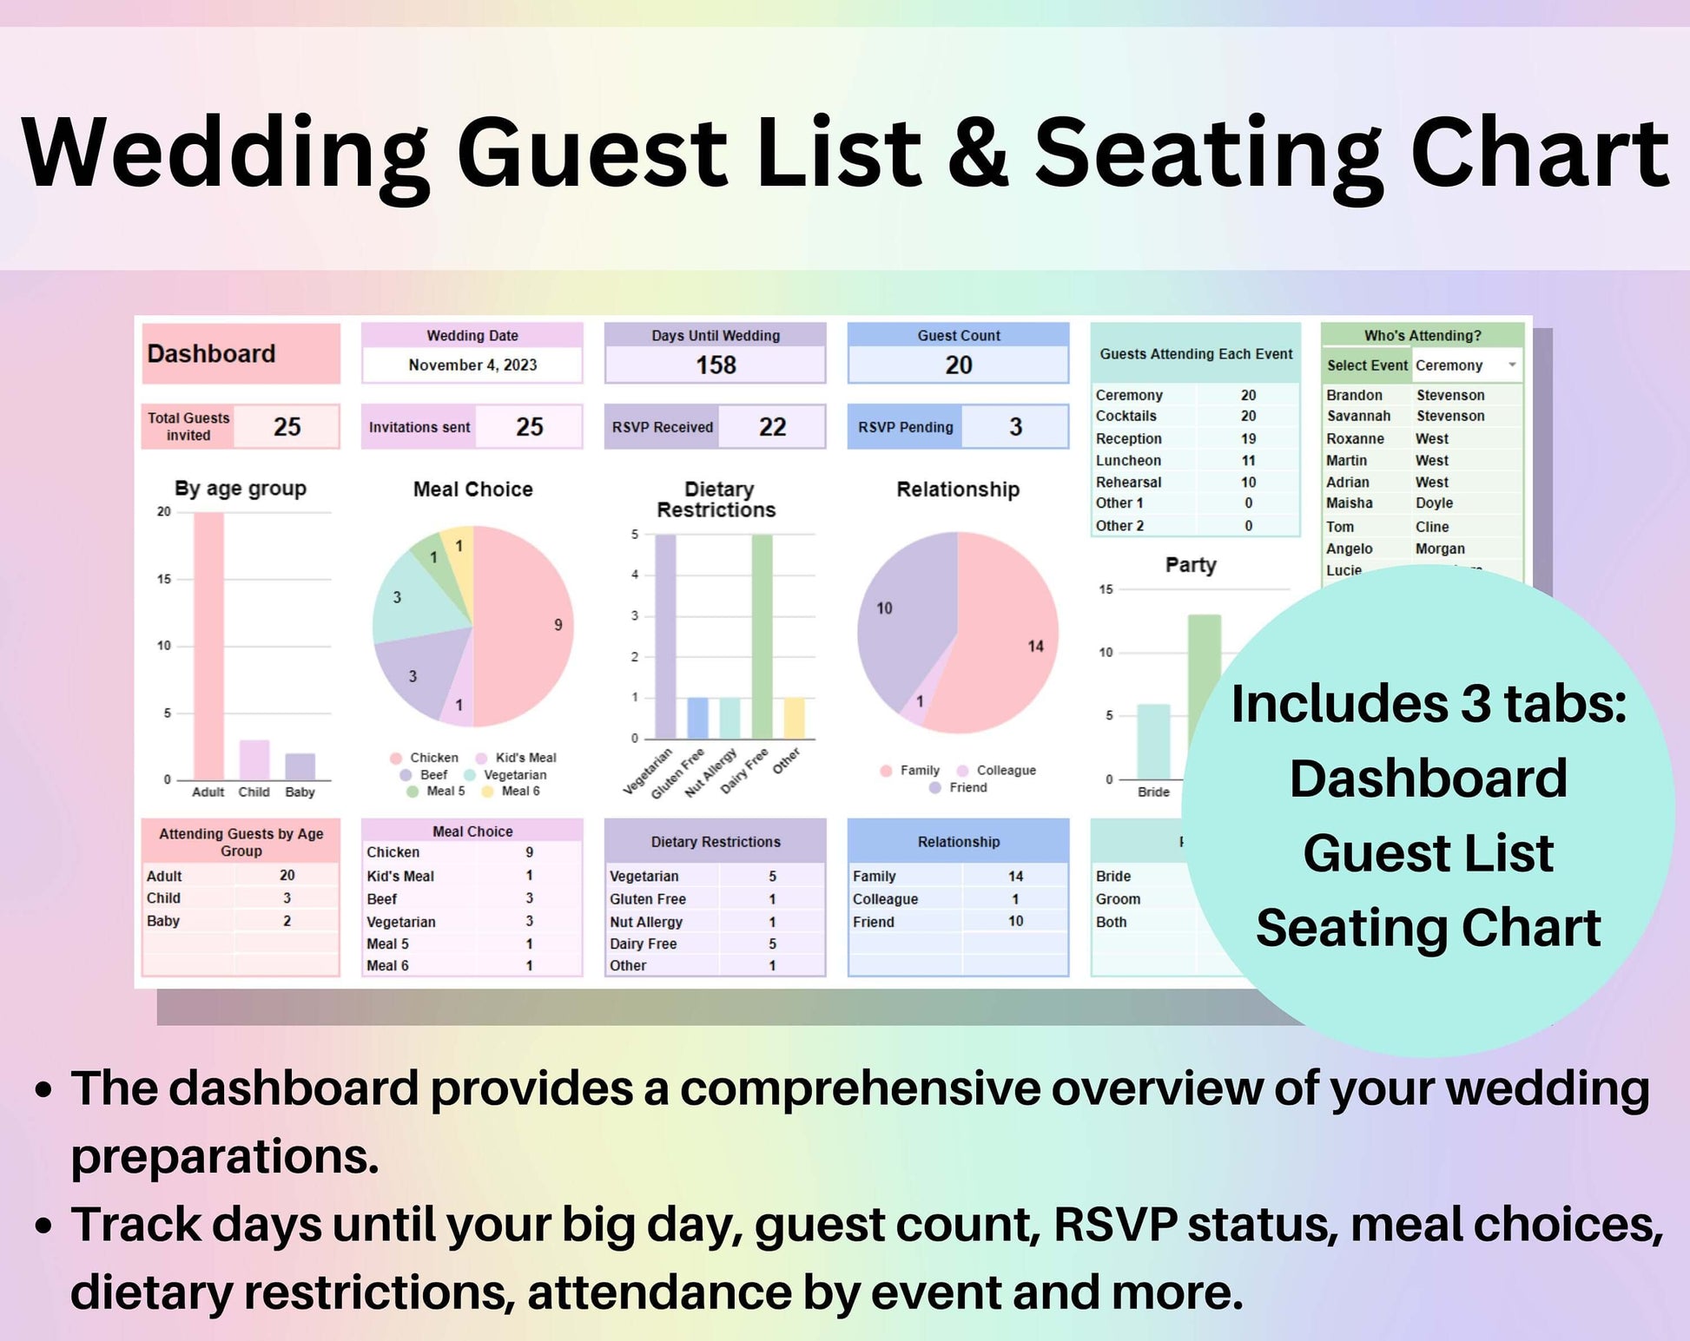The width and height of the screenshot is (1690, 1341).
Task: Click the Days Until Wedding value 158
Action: click(716, 365)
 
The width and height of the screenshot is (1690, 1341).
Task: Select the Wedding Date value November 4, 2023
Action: click(472, 365)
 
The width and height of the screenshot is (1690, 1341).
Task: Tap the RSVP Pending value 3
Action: click(1015, 427)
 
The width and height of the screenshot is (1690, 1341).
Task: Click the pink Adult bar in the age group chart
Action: click(208, 646)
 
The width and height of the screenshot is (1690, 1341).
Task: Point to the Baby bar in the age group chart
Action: click(300, 766)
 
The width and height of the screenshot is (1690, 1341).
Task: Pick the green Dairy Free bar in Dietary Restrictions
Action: click(762, 637)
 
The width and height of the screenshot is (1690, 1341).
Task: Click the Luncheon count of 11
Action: click(1248, 461)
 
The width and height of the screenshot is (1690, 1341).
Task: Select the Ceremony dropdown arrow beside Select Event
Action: click(1512, 365)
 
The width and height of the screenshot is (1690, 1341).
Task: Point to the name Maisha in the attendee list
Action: click(1349, 503)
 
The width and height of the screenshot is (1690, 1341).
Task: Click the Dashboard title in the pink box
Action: click(211, 354)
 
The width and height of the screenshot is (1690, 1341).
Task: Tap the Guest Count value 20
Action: click(959, 365)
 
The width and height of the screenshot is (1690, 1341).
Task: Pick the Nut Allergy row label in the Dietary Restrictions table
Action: click(646, 923)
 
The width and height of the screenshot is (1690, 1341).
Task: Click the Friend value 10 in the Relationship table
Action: click(1015, 921)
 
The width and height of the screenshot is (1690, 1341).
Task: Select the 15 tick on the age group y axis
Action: click(163, 579)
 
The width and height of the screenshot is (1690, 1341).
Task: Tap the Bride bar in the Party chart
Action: click(1153, 742)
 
